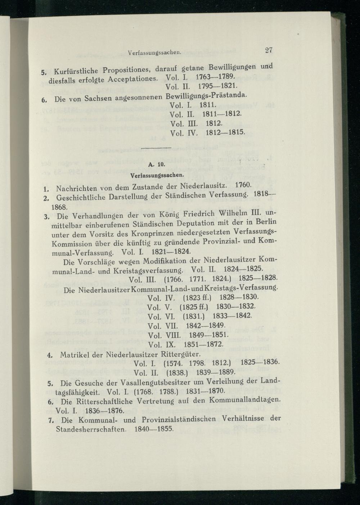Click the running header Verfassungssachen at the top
click(x=154, y=53)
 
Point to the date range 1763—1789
click(x=216, y=77)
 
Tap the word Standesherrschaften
click(x=91, y=429)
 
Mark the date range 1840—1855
click(x=154, y=429)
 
